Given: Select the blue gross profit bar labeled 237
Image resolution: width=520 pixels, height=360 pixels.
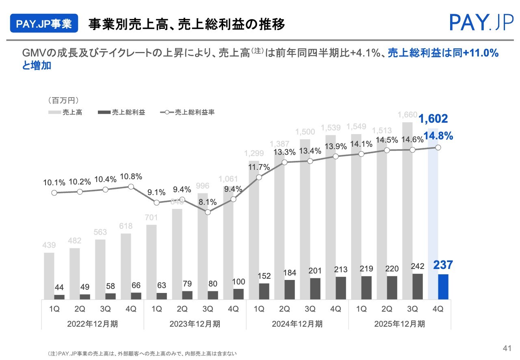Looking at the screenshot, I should [443, 287].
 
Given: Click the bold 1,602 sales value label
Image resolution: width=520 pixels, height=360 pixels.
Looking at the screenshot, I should [433, 119].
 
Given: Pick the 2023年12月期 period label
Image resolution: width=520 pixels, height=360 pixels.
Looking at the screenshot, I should [195, 324].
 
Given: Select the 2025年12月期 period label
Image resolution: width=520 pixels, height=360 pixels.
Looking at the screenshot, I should [400, 324].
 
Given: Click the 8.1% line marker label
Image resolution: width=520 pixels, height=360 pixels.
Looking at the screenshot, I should [208, 202].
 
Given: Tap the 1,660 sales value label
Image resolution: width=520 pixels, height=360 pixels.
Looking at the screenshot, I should [407, 115].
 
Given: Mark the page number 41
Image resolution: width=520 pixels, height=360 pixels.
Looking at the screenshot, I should [507, 348].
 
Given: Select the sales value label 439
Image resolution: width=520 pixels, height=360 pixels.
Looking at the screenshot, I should [50, 245].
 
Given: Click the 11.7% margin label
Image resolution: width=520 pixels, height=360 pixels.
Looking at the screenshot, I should [258, 167].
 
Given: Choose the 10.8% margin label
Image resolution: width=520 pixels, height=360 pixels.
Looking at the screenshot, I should [130, 177].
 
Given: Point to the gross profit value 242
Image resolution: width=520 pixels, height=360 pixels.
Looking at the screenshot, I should [417, 267].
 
